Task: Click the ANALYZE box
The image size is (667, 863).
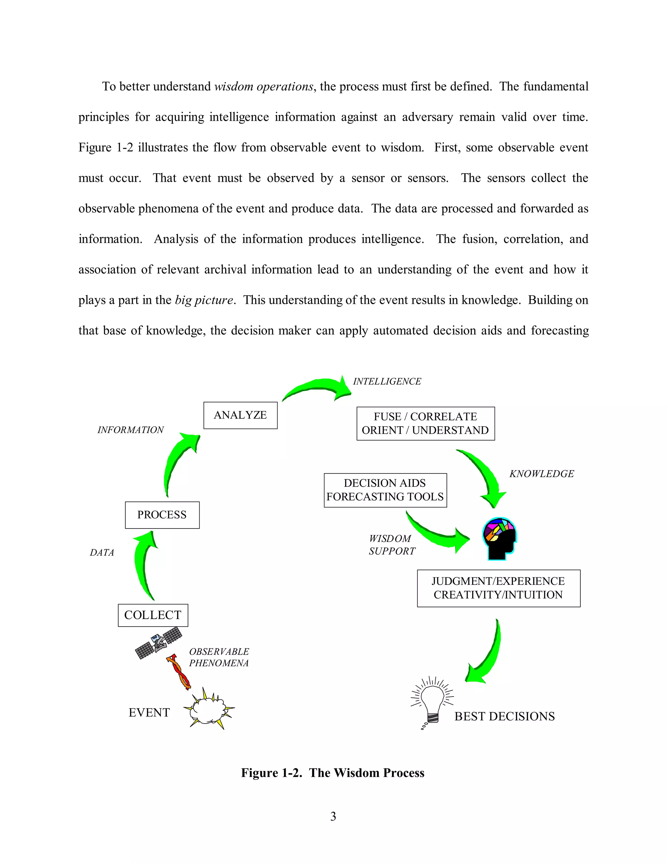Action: (x=240, y=415)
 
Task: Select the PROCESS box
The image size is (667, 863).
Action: (x=162, y=515)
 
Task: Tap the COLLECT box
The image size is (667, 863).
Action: (x=153, y=615)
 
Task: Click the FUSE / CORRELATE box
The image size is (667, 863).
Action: (x=426, y=424)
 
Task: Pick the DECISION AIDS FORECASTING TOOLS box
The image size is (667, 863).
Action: (x=385, y=490)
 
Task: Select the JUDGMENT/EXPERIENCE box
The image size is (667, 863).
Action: (x=498, y=588)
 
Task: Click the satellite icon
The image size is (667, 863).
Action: (x=159, y=642)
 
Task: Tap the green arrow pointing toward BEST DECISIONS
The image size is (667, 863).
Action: (x=487, y=656)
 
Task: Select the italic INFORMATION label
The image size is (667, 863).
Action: (x=130, y=430)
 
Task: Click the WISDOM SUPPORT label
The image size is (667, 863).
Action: (x=391, y=545)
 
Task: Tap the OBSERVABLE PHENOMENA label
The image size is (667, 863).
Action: (x=219, y=657)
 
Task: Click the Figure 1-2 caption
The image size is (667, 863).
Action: (x=333, y=772)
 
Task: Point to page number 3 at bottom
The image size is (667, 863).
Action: (x=333, y=816)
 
